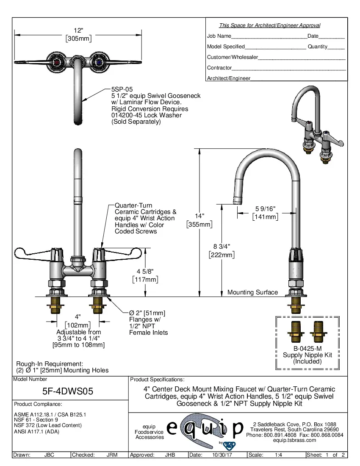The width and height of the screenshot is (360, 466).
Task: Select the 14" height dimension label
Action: click(199, 216)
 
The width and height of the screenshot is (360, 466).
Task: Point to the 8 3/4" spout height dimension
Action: click(222, 246)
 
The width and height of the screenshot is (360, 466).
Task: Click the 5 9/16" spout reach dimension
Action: click(265, 208)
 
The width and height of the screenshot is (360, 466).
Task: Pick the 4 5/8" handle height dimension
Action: click(145, 271)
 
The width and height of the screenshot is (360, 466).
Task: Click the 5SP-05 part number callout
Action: click(122, 89)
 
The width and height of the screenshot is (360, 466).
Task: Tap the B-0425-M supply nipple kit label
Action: click(307, 348)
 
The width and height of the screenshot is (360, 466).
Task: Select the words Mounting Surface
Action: click(252, 292)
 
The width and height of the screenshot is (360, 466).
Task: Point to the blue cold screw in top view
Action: click(99, 62)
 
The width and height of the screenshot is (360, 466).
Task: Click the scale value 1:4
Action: click(279, 455)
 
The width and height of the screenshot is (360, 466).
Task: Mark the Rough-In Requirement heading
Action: click(50, 363)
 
